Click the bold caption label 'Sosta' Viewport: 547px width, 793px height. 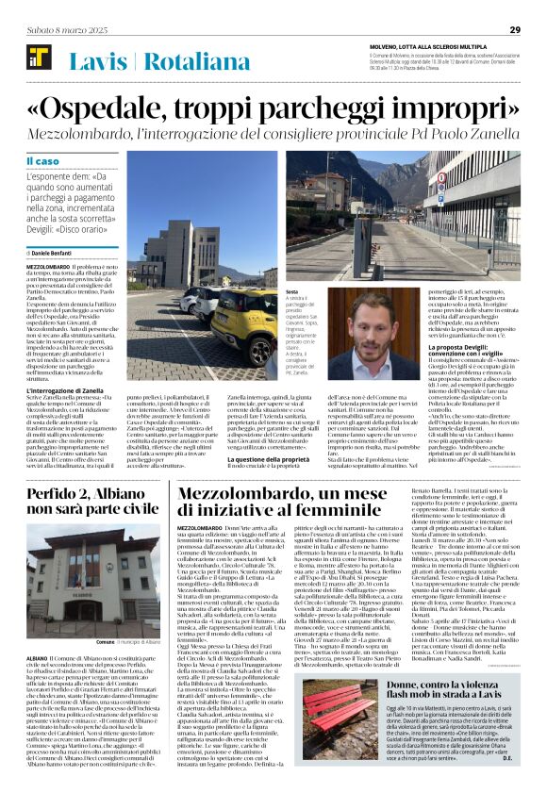(x=291, y=293)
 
